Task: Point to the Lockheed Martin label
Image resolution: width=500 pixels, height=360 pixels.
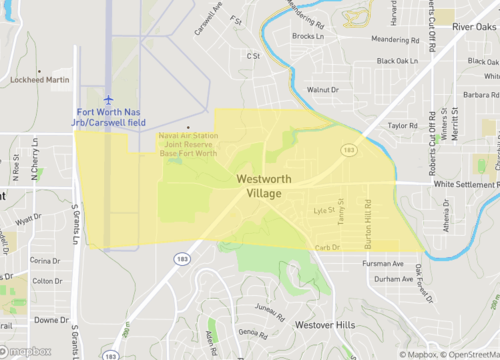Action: [x=41, y=78]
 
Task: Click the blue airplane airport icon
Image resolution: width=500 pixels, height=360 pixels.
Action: [x=109, y=98]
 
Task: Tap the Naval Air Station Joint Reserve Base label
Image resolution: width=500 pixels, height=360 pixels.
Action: [x=187, y=145]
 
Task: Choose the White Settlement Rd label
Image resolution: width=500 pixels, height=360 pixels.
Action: [x=465, y=184]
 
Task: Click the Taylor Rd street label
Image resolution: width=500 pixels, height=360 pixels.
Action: [x=402, y=126]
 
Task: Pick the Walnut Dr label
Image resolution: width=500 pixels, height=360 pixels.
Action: [x=324, y=90]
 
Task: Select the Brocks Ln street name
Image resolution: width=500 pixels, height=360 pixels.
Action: [x=305, y=36]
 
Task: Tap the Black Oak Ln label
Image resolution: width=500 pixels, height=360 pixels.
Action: [x=396, y=61]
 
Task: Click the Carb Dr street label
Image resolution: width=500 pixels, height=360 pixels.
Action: [x=328, y=247]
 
